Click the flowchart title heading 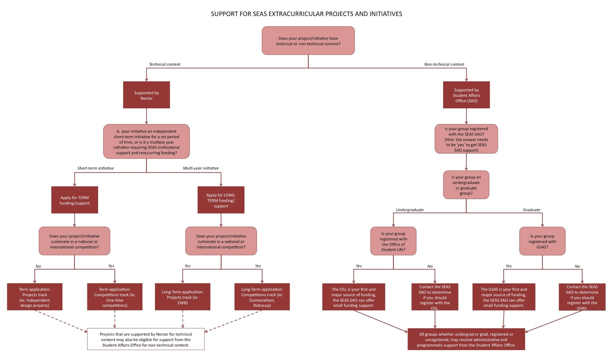306,14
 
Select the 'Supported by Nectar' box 147,95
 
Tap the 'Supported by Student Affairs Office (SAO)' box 466,95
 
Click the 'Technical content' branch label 165,64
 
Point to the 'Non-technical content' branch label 444,64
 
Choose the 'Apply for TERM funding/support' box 74,200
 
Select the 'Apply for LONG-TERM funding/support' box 221,200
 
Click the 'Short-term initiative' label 95,168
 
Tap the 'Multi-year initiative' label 201,168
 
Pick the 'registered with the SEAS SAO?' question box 466,139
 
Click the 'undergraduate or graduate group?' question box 466,185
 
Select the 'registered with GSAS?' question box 542,241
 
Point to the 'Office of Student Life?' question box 393,241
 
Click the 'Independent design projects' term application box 35,297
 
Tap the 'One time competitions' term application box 115,297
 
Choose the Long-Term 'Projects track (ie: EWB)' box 183,297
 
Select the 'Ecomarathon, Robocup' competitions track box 262,297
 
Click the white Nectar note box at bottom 146,339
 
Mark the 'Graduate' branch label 531,210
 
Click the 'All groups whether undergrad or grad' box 466,339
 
